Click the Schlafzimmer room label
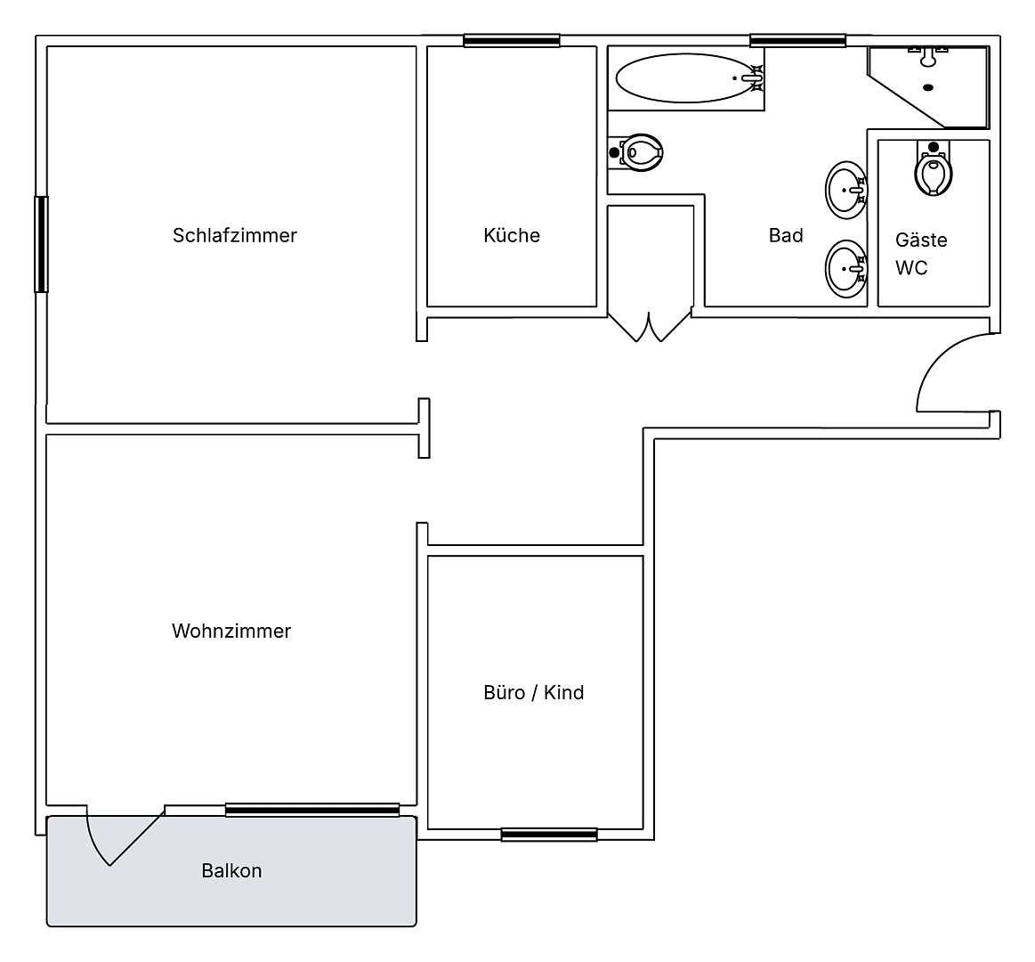[234, 235]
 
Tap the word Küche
[512, 235]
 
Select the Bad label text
[786, 235]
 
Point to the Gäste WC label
[920, 254]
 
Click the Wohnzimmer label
[231, 631]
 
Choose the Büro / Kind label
[533, 692]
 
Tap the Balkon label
[231, 870]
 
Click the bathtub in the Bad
[686, 78]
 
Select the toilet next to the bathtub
[639, 152]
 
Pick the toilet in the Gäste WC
[933, 171]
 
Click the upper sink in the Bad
[845, 190]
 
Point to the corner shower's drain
[928, 87]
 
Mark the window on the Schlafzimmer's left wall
[41, 244]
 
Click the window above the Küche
[512, 40]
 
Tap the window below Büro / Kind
[548, 835]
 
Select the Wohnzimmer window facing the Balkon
[311, 810]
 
